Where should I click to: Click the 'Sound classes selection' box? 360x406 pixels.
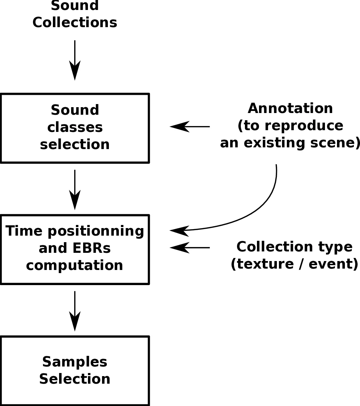[x=75, y=128]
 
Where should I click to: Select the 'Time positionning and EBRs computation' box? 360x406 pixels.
[x=75, y=249]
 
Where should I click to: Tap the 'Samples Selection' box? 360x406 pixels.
[x=75, y=371]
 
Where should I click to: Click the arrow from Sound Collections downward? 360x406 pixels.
[x=75, y=60]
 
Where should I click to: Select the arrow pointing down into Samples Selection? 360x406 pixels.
[x=75, y=311]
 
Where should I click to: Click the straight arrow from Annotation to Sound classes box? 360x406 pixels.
[x=190, y=126]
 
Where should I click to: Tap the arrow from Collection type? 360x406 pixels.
[x=190, y=247]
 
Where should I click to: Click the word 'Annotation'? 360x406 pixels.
[x=290, y=109]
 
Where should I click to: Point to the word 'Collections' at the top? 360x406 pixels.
[x=75, y=23]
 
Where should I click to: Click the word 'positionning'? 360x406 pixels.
[x=96, y=231]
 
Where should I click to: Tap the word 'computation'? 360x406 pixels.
[x=75, y=266]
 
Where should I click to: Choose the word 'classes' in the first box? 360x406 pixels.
[x=75, y=127]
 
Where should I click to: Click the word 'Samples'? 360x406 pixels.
[x=75, y=362]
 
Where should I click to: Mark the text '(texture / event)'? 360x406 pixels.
[x=294, y=264]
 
